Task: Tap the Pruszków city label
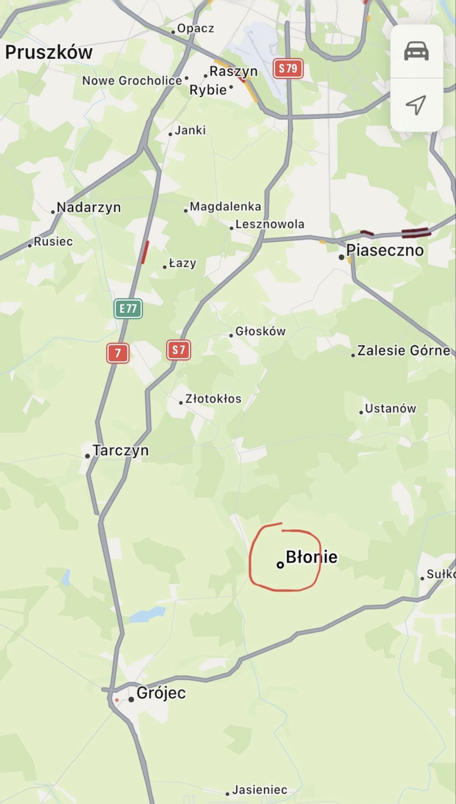click(49, 52)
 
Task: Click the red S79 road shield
click(288, 68)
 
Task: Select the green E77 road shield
click(128, 309)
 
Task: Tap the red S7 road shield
click(178, 350)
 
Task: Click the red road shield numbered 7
click(118, 353)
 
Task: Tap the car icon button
click(416, 51)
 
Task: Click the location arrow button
click(416, 104)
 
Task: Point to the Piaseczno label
click(385, 250)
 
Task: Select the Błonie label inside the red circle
click(311, 557)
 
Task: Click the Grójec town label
click(161, 692)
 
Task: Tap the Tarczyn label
click(120, 450)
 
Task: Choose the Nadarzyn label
click(88, 207)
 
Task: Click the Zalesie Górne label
click(403, 350)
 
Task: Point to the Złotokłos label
click(213, 398)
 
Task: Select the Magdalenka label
click(225, 206)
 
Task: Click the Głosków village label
click(260, 331)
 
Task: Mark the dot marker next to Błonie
click(280, 565)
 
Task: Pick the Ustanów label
click(390, 408)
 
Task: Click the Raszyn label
click(233, 71)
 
